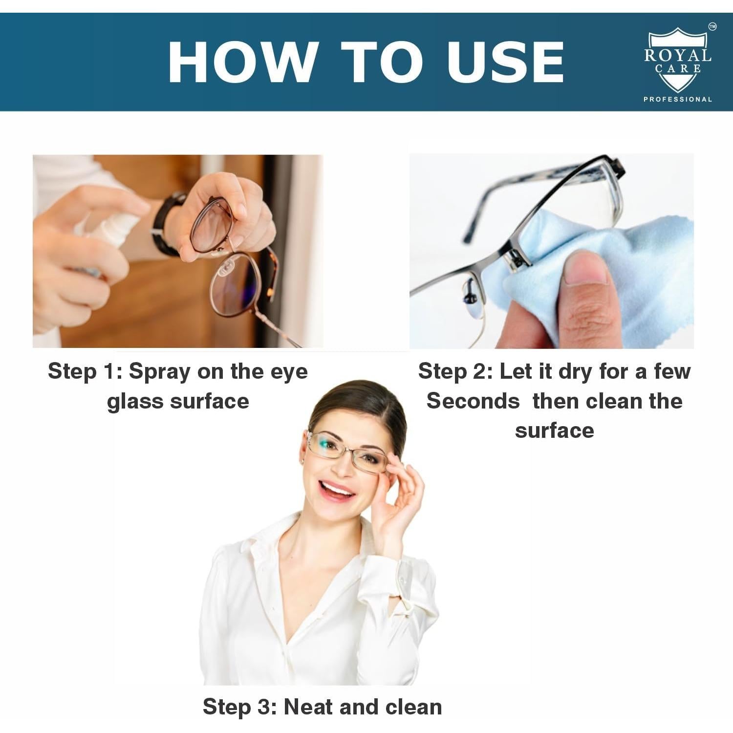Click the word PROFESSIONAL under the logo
click(x=677, y=99)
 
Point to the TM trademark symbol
click(x=712, y=27)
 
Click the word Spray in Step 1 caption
click(x=159, y=372)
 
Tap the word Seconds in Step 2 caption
click(x=473, y=401)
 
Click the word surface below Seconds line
click(x=554, y=431)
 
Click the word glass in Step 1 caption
click(x=135, y=402)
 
